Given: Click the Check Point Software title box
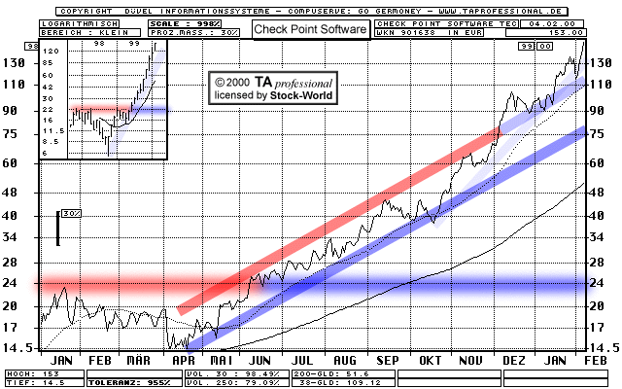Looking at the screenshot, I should (x=311, y=29).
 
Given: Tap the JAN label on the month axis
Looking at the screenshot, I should (x=56, y=360).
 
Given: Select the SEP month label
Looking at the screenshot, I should (x=388, y=360).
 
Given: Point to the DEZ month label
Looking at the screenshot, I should (x=512, y=360).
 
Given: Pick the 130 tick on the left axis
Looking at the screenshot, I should (x=15, y=63).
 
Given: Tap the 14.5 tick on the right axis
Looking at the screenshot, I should (x=603, y=347).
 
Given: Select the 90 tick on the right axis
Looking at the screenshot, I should (x=604, y=110).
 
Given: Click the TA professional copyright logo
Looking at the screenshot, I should (x=275, y=84).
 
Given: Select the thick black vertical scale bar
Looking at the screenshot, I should (x=58, y=229).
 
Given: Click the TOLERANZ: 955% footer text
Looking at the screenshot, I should (x=121, y=382).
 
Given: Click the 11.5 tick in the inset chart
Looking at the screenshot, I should (x=53, y=130).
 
